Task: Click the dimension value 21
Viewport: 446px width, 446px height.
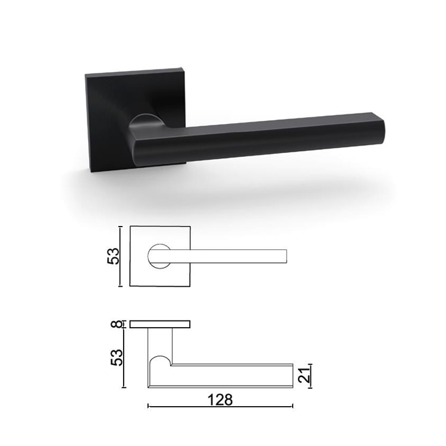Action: [303, 375]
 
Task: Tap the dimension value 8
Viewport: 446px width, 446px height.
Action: [117, 324]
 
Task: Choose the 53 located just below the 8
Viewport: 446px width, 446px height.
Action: [117, 357]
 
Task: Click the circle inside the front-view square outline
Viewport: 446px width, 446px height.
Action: [158, 256]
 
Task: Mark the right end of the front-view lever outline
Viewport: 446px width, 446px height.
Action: [286, 256]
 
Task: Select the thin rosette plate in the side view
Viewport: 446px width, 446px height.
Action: [160, 324]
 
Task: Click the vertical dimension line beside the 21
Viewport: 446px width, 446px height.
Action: [310, 375]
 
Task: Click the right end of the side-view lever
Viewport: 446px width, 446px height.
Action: [291, 375]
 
